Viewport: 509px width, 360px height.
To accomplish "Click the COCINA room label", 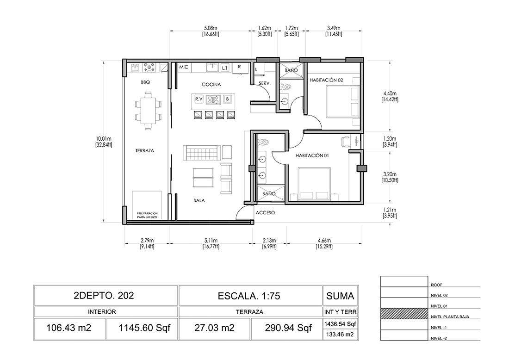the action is pos(211,84).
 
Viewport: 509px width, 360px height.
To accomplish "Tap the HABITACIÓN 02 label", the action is pos(326,80).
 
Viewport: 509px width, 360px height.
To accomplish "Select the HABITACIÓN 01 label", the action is pos(312,155).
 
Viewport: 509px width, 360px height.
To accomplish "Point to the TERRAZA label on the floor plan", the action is pos(145,151).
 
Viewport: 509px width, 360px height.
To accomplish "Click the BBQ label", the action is pos(145,82).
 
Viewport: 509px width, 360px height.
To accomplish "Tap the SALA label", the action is pos(199,201).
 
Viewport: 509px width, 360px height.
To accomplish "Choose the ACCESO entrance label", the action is pos(265,213).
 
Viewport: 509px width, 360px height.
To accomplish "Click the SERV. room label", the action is pos(265,83).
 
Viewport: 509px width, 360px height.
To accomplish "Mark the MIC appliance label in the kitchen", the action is pos(183,67).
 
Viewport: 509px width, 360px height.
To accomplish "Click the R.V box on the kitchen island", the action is pos(199,99).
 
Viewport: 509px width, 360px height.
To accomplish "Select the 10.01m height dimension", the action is pos(104,142).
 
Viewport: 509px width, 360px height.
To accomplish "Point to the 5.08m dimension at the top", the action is pos(211,31).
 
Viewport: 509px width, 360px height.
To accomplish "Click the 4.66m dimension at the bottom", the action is pos(324,243).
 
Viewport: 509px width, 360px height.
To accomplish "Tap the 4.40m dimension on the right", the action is pos(390,97).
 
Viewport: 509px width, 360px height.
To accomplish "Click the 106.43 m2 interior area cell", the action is pos(69,328).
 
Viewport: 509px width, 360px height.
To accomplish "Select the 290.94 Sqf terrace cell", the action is pos(288,328).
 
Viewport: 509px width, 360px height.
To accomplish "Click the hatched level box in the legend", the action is pos(404,314).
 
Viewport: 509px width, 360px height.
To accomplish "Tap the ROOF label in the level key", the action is pos(436,285).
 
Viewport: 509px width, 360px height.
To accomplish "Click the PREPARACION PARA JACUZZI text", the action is pos(147,215).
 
